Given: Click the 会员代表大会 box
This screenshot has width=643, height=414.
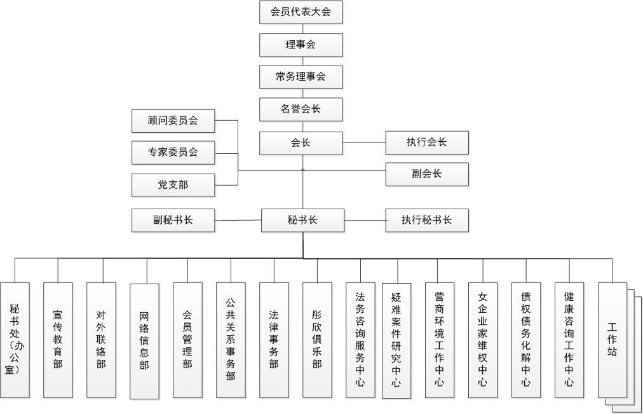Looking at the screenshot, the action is point(301,12).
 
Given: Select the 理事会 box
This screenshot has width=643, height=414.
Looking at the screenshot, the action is point(301,45).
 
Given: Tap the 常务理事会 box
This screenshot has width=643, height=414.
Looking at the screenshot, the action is point(301,77).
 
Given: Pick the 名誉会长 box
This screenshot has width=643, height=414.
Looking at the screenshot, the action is point(301,109).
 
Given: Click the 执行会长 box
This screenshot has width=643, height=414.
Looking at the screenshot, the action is point(427,143).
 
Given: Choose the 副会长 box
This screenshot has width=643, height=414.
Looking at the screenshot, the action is point(427,174).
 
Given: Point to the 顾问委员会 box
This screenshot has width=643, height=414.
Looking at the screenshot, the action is point(173,121).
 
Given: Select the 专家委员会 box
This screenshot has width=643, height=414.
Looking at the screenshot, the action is point(173,153).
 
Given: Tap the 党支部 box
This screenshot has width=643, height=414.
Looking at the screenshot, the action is point(173,185).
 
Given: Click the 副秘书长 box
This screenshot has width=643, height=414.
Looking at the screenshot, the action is point(173,220).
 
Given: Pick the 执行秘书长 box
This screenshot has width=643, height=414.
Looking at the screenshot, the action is point(427,220).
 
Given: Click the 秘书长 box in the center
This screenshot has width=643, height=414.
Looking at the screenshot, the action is point(302,220).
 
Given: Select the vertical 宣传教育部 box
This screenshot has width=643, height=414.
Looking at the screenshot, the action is point(58,340).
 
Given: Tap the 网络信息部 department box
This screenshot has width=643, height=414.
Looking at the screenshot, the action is point(144,342).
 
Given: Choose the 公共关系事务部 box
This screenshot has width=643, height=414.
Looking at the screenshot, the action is point(231,340).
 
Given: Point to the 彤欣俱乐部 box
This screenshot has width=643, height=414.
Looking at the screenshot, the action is point(318,340).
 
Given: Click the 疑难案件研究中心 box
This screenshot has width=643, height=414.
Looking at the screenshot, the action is point(396,341).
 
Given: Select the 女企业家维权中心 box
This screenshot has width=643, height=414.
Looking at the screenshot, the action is point(483,340).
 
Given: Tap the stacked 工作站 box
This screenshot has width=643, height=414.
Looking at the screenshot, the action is point(613,340).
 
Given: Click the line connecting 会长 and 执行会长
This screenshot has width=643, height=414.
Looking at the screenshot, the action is point(364,143).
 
